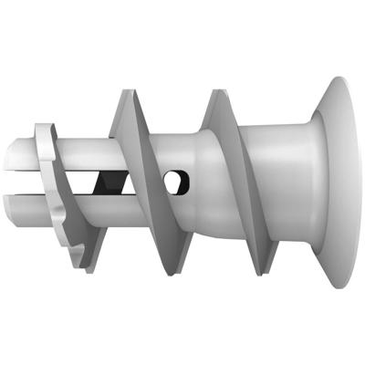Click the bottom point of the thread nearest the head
[x=262, y=273]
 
